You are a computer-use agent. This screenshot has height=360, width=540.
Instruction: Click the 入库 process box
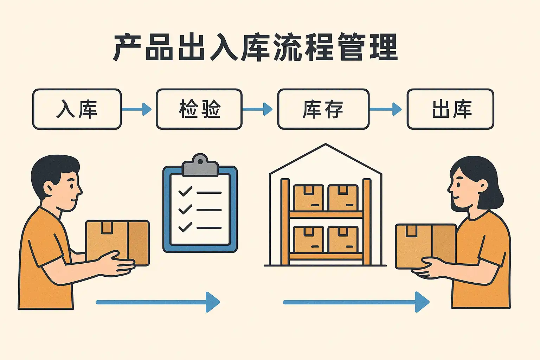(x=77, y=109)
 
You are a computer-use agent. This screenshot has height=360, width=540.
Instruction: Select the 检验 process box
(x=199, y=109)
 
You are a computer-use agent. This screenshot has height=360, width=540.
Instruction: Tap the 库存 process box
(x=323, y=109)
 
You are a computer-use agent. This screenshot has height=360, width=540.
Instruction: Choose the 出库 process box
(x=450, y=109)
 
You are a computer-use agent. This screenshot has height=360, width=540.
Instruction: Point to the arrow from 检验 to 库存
(x=257, y=109)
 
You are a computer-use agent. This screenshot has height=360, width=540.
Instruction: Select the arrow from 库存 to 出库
(x=385, y=109)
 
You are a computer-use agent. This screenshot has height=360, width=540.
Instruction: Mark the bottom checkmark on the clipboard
(x=185, y=227)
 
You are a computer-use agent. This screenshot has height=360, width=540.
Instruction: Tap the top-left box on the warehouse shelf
(x=309, y=198)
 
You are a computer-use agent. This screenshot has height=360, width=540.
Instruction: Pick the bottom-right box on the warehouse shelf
(x=343, y=239)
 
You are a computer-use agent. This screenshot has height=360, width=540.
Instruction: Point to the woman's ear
(x=482, y=186)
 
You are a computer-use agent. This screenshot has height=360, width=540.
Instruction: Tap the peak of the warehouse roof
(x=326, y=144)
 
